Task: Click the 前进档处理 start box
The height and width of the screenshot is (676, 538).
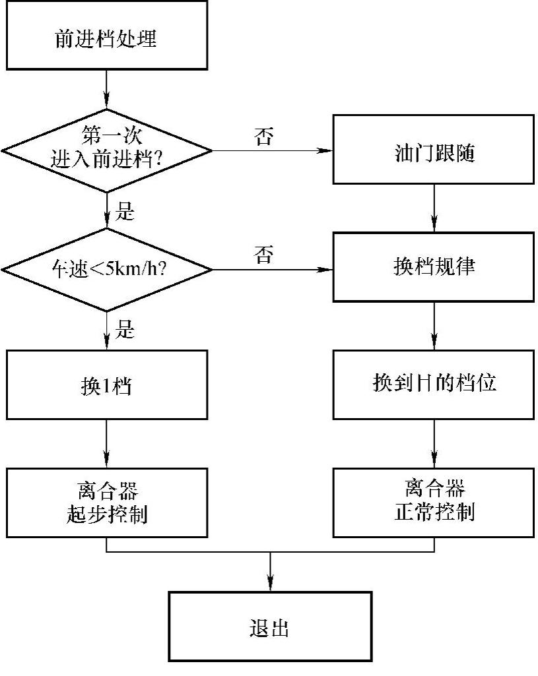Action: (x=106, y=38)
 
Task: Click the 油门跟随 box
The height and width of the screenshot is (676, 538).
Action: (x=434, y=150)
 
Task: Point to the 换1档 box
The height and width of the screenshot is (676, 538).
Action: (x=106, y=385)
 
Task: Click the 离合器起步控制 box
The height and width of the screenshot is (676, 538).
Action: (x=106, y=503)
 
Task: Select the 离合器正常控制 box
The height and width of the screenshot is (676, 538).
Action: (x=434, y=503)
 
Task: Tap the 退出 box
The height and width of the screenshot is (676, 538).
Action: (x=270, y=627)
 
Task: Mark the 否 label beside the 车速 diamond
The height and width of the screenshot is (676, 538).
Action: (x=263, y=255)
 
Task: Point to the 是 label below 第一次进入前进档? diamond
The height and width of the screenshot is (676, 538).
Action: (x=125, y=212)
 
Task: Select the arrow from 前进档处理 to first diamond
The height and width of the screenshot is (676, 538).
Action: (x=106, y=90)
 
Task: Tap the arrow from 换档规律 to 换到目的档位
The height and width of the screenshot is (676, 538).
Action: (x=434, y=326)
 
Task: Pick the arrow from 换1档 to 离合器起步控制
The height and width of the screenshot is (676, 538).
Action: (x=106, y=444)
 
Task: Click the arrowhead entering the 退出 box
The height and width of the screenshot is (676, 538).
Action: (x=270, y=584)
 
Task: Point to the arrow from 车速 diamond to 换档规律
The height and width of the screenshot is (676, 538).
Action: (x=271, y=269)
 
